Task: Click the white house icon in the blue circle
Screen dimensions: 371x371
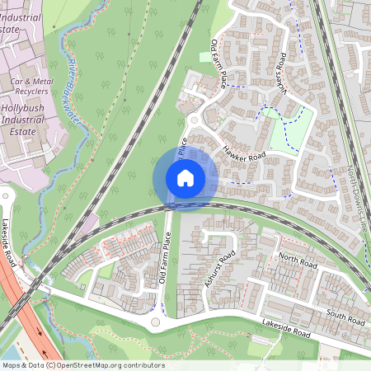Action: click(x=185, y=177)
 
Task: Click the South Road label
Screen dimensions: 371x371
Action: click(x=345, y=316)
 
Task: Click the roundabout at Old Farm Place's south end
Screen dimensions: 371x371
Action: click(x=157, y=322)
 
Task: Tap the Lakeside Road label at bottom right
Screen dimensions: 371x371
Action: click(x=284, y=330)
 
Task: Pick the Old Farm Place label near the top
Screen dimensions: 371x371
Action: click(x=219, y=63)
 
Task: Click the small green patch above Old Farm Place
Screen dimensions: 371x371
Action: click(x=206, y=57)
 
